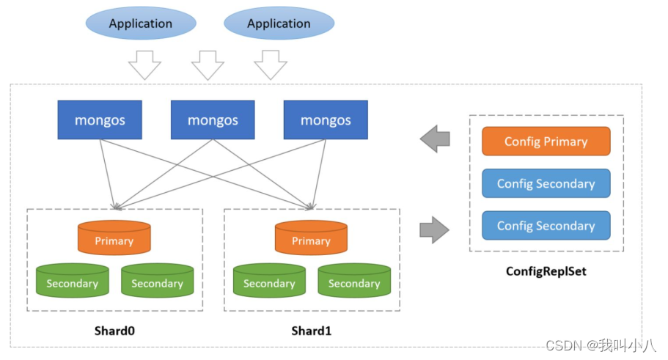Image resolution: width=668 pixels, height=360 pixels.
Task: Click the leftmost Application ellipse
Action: [140, 23]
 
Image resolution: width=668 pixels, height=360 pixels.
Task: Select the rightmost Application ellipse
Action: [279, 23]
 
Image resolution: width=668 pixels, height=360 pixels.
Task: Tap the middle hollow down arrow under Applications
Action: [208, 65]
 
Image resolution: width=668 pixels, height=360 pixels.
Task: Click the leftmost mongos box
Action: [100, 120]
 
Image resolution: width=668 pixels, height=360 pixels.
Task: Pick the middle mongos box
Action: [213, 120]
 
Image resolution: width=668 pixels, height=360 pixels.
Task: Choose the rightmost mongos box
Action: [326, 120]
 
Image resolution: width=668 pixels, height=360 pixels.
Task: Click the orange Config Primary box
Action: [546, 142]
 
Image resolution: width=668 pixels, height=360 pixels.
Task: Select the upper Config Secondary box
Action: [546, 183]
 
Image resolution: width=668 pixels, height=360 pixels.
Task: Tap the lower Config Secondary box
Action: [546, 226]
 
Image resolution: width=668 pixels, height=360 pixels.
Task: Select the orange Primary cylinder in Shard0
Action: [114, 239]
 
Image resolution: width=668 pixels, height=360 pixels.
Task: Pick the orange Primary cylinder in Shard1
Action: [311, 239]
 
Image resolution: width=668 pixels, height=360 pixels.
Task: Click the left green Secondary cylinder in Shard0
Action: [72, 282]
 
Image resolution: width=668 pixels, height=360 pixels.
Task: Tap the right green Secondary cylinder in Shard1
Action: [354, 282]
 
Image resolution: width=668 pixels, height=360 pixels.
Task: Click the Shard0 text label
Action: [114, 331]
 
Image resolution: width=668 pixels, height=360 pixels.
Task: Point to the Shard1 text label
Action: [311, 331]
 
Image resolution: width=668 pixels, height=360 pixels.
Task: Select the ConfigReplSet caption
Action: [546, 271]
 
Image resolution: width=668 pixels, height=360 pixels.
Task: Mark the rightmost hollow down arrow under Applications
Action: [271, 65]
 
